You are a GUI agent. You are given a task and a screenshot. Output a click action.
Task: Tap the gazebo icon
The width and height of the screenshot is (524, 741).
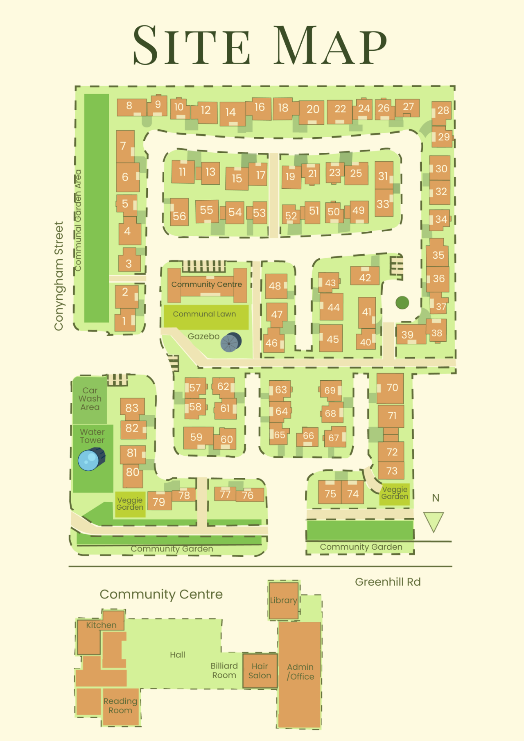coord(230,342)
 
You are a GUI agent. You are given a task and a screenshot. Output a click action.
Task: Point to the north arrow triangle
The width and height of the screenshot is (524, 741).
coord(434,521)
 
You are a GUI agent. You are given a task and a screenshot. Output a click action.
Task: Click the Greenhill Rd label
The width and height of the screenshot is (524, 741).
coord(387,582)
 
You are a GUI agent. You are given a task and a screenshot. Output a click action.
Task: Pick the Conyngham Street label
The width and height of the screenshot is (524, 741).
coord(59,276)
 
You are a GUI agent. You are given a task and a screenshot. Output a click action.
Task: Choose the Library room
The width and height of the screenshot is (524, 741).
coord(283,600)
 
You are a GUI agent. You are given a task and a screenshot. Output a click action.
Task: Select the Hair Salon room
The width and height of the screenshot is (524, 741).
coord(260,671)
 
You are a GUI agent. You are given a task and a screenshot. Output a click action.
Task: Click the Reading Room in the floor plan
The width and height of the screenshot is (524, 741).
coord(120,706)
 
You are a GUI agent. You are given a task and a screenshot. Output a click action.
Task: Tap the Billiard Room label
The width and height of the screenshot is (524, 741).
coord(224,670)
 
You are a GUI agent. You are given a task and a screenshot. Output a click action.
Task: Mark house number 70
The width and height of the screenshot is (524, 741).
coord(391,388)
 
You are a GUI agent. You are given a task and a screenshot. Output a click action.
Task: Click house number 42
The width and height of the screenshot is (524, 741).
coord(365,277)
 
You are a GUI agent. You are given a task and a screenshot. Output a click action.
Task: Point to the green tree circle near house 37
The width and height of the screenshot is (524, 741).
coord(402,303)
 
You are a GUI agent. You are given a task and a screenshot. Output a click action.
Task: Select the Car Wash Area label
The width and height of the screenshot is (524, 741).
coord(90,399)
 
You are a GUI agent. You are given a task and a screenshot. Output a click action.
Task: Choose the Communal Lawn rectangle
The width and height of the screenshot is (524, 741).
coord(206,316)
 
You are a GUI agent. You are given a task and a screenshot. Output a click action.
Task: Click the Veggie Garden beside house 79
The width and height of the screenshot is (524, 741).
coord(130,504)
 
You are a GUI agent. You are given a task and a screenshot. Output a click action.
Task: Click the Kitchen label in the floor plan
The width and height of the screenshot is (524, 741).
coord(101,625)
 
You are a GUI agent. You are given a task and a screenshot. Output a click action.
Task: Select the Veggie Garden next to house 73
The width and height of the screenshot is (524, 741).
coord(395,493)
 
